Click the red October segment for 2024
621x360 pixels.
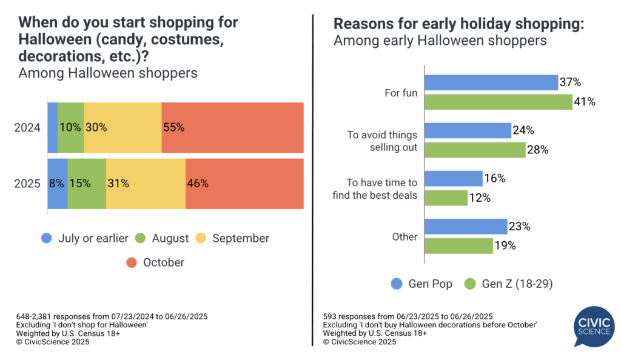tap(232, 127)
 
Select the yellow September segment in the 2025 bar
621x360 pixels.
tap(146, 183)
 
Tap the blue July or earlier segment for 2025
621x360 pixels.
tap(58, 183)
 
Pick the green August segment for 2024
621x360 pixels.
tap(71, 127)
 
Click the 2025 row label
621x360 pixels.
tap(28, 183)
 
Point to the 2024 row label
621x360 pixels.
tap(28, 128)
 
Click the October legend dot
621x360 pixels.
tap(131, 262)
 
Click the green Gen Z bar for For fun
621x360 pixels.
tap(498, 102)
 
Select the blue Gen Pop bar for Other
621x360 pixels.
tap(465, 227)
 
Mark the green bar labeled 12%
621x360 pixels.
tap(446, 198)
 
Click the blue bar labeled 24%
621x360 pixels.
tap(468, 130)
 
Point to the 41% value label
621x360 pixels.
tap(585, 102)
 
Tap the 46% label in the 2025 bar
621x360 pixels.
tap(198, 183)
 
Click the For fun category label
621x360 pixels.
tap(401, 93)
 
